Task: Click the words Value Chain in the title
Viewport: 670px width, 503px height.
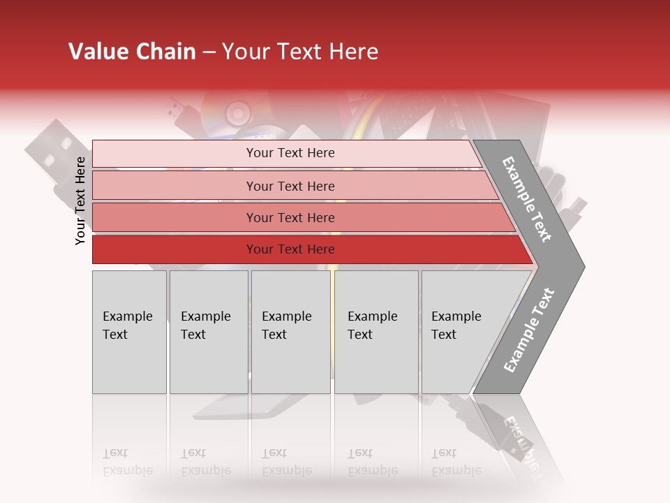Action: pos(132,52)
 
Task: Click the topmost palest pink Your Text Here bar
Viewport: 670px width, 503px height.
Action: pos(290,153)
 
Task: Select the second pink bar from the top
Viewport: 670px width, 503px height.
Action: pos(290,186)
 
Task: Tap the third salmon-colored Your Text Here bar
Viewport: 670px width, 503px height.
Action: pos(290,217)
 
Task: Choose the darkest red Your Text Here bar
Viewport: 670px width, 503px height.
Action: pos(290,249)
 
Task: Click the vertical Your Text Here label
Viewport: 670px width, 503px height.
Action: pos(80,201)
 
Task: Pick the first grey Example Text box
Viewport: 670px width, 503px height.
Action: pos(129,332)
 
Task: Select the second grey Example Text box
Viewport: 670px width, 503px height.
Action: pos(209,332)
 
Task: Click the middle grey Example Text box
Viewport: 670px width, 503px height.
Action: pos(290,332)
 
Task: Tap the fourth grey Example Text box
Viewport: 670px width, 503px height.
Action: pos(376,332)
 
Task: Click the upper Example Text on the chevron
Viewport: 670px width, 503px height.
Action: pos(528,199)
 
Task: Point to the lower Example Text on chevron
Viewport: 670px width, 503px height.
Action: pos(528,330)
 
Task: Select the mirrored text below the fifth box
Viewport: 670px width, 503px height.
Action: pos(455,462)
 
